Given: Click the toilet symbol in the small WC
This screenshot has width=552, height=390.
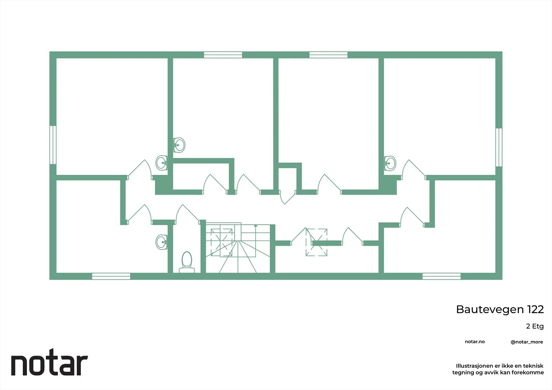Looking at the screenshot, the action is (187, 262).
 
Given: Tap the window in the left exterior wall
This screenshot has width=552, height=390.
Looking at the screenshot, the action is (53, 145).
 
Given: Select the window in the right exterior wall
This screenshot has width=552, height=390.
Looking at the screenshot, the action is (499, 147).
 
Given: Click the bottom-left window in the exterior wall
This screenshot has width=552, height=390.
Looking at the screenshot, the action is (111, 276).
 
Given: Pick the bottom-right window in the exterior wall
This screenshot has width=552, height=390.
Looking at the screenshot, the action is (441, 276).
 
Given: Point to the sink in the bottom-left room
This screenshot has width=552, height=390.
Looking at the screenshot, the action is (162, 242).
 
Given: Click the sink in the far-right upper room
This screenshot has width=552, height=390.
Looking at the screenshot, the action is (390, 163).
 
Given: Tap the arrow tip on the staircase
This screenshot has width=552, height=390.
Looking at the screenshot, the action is (256, 225).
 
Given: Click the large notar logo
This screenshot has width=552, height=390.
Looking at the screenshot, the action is (50, 362).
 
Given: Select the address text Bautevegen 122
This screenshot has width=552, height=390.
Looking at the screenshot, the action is (500, 309).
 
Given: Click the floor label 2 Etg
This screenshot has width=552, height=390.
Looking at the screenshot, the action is (535, 327).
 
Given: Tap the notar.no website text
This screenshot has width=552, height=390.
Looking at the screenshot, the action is (475, 342).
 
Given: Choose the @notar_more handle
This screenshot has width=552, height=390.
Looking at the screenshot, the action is (527, 342).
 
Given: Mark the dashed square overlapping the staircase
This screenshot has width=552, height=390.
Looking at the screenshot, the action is (221, 242).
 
